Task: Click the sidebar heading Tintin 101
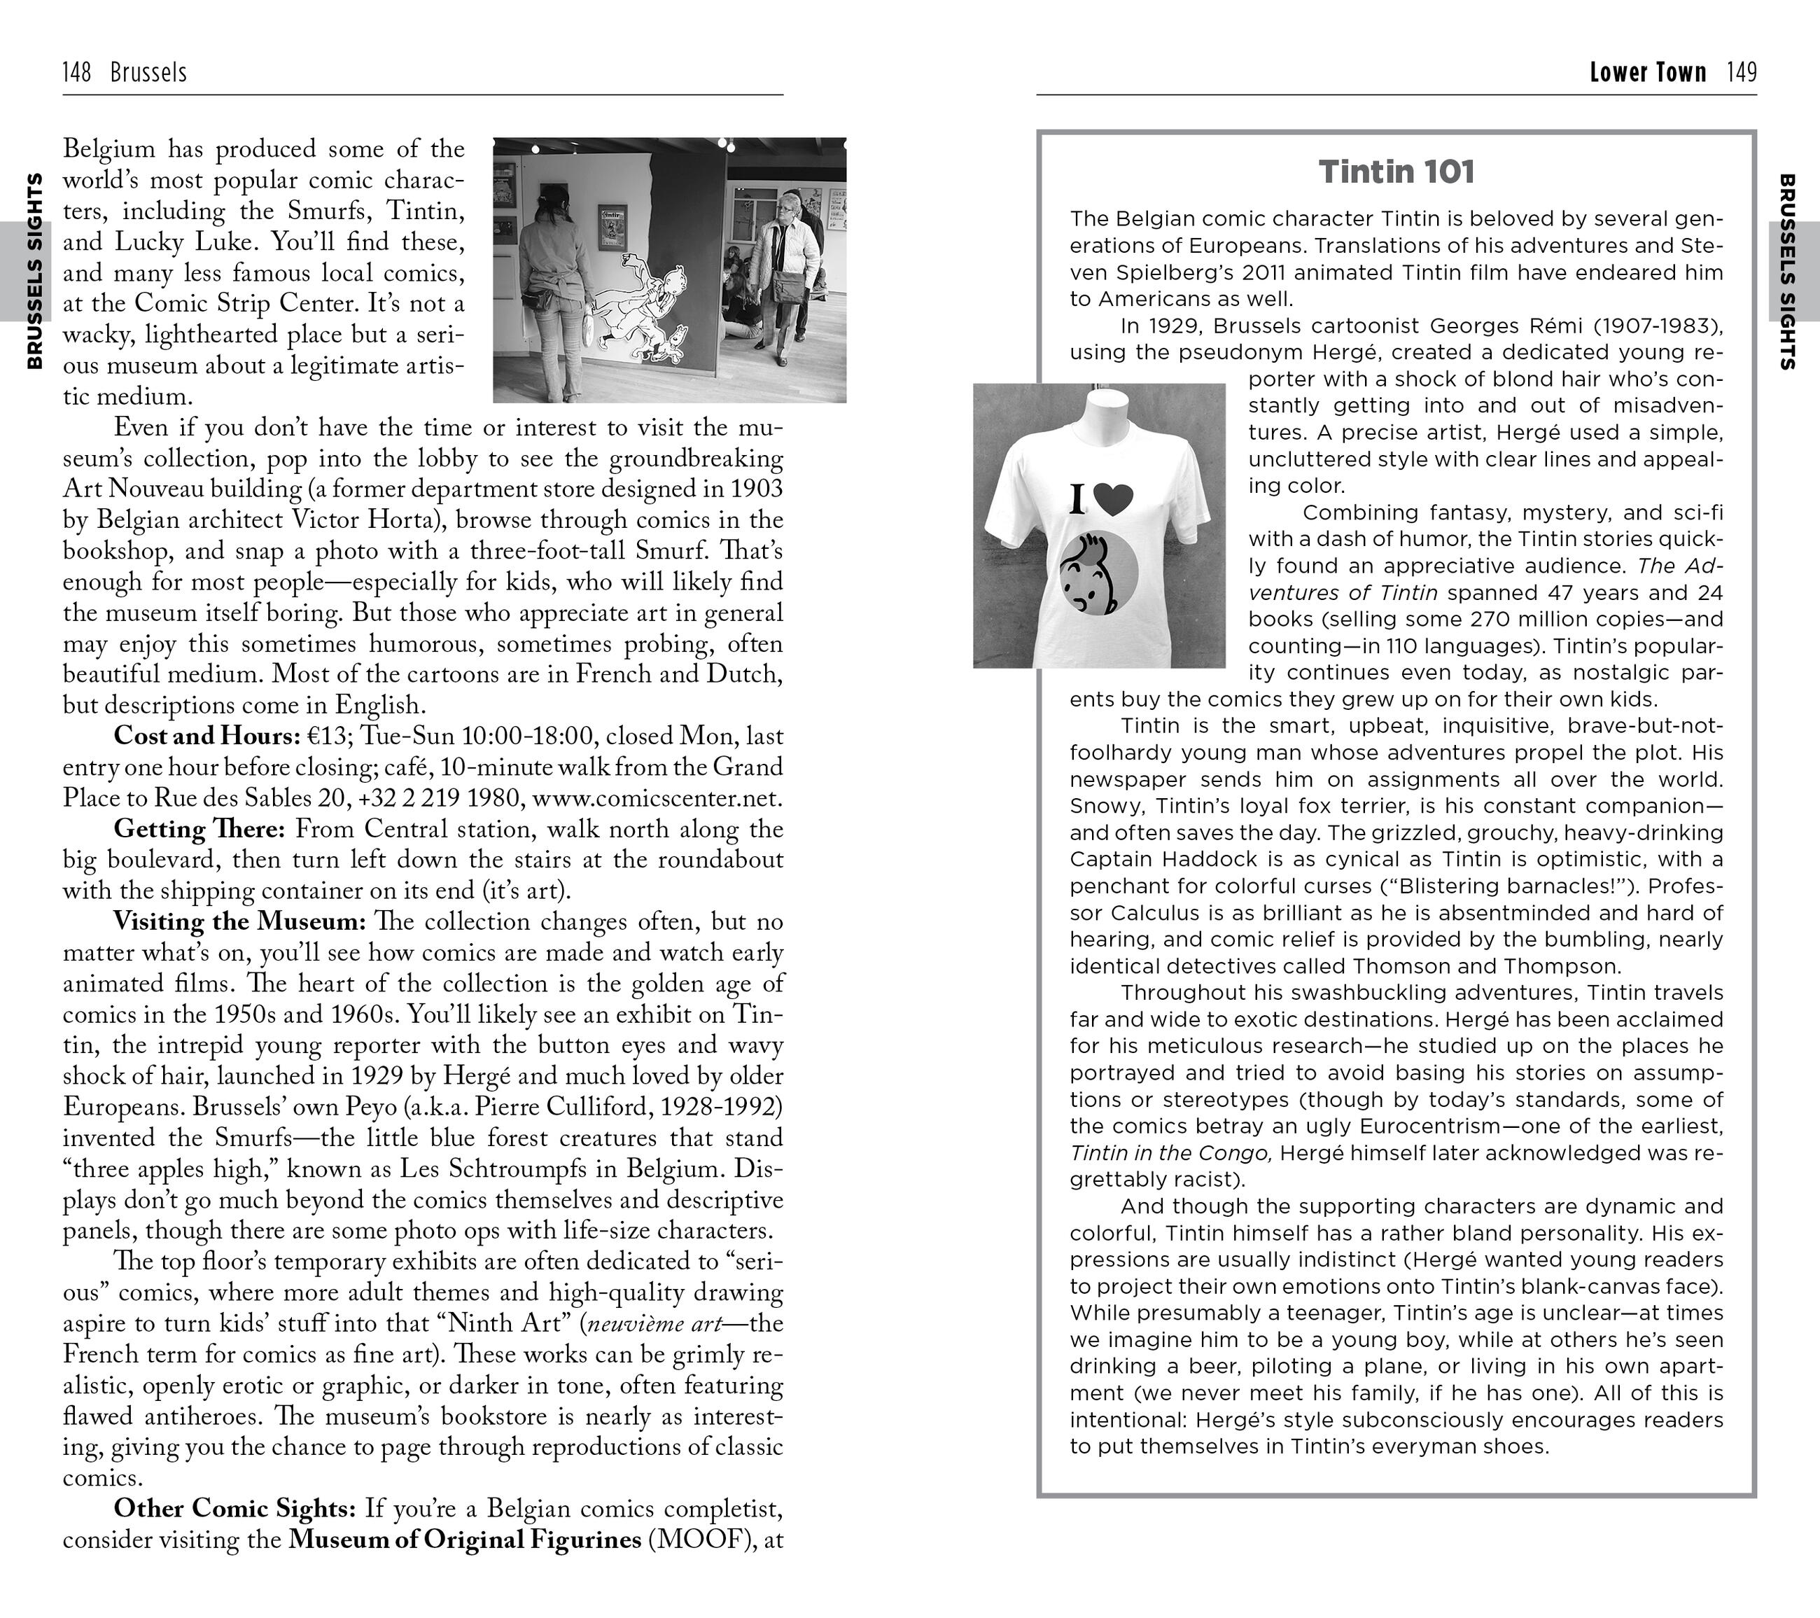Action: click(1396, 172)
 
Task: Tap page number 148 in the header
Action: click(76, 72)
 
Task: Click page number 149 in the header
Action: click(1742, 72)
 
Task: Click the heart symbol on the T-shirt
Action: click(1113, 500)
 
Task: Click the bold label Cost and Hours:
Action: click(206, 737)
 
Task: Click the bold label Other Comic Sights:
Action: click(235, 1509)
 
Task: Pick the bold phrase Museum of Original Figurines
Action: click(464, 1540)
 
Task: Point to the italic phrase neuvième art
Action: click(652, 1323)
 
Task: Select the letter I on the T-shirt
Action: click(1078, 501)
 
